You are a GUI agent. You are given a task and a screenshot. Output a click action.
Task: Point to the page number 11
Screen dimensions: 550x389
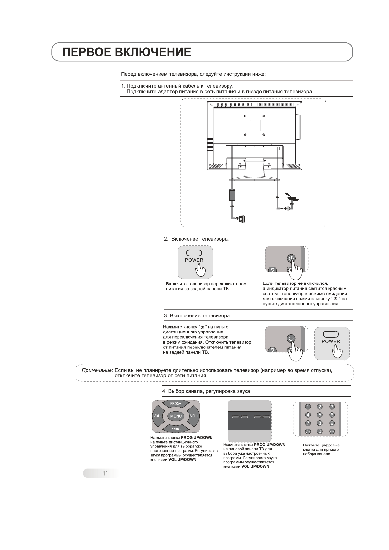coord(105,473)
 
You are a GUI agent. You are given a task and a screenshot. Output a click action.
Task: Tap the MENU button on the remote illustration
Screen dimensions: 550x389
coord(176,416)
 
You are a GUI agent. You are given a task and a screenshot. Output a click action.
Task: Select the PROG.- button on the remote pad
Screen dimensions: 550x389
coord(176,429)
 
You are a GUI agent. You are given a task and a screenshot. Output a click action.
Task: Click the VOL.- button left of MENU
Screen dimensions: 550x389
coord(157,416)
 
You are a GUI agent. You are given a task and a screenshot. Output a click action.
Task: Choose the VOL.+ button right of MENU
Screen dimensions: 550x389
coord(194,416)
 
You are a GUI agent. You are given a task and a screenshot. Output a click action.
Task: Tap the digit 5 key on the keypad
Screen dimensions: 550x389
coord(320,415)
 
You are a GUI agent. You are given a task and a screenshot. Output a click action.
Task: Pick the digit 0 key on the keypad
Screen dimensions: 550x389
coord(320,431)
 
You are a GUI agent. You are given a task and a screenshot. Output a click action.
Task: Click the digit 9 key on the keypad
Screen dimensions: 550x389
coord(332,423)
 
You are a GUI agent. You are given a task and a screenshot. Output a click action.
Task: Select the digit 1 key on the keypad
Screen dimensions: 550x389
coord(308,407)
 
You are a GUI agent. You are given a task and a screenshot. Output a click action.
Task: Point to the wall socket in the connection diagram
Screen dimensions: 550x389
coord(242,219)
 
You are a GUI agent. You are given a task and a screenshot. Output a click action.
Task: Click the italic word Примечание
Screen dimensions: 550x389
coord(97,370)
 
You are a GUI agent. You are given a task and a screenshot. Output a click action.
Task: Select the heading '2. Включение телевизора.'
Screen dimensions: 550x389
coord(196,239)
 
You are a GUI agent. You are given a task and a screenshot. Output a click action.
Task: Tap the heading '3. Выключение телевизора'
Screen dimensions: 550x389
coord(197,316)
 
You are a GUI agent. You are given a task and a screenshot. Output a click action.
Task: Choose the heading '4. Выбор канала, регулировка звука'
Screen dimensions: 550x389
coord(206,391)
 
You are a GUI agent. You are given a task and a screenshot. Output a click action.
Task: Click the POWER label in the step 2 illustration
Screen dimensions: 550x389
coord(194,260)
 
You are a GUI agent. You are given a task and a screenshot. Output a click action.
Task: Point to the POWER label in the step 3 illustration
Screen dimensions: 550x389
coord(331,342)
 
